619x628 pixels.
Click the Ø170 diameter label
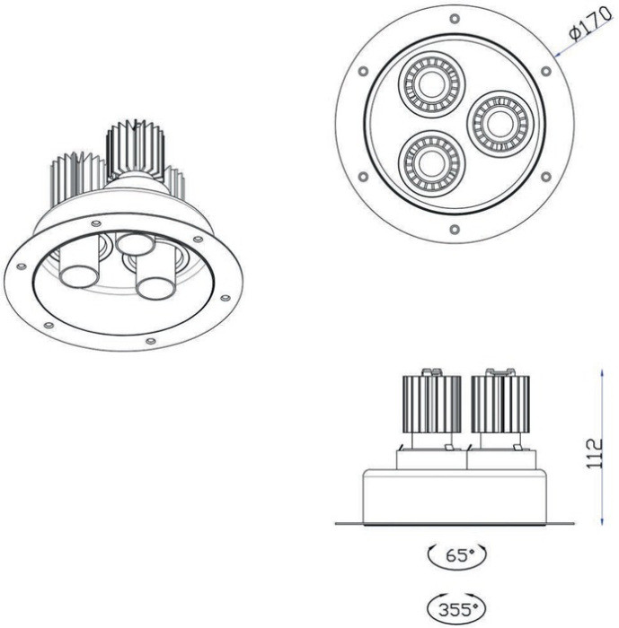tap(588, 34)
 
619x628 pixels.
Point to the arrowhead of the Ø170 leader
tap(556, 57)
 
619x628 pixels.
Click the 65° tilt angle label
tap(458, 556)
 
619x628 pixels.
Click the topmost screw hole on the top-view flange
tap(455, 18)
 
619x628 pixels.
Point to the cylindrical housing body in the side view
tap(454, 495)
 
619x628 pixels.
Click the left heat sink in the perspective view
tap(77, 176)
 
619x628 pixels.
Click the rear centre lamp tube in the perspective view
tap(136, 243)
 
